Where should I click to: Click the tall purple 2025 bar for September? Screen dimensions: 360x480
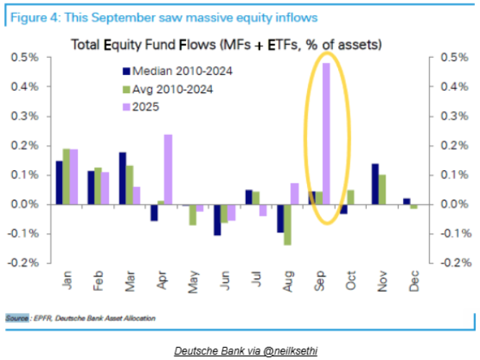click(x=326, y=133)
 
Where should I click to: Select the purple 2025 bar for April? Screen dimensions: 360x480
click(x=168, y=169)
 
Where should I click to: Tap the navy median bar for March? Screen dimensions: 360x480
click(x=123, y=178)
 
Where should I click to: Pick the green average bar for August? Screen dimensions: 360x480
click(x=287, y=224)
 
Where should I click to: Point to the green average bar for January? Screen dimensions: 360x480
click(x=66, y=176)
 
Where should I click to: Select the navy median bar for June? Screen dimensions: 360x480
click(x=216, y=219)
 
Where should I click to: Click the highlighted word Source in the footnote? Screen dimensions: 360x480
click(x=17, y=317)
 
